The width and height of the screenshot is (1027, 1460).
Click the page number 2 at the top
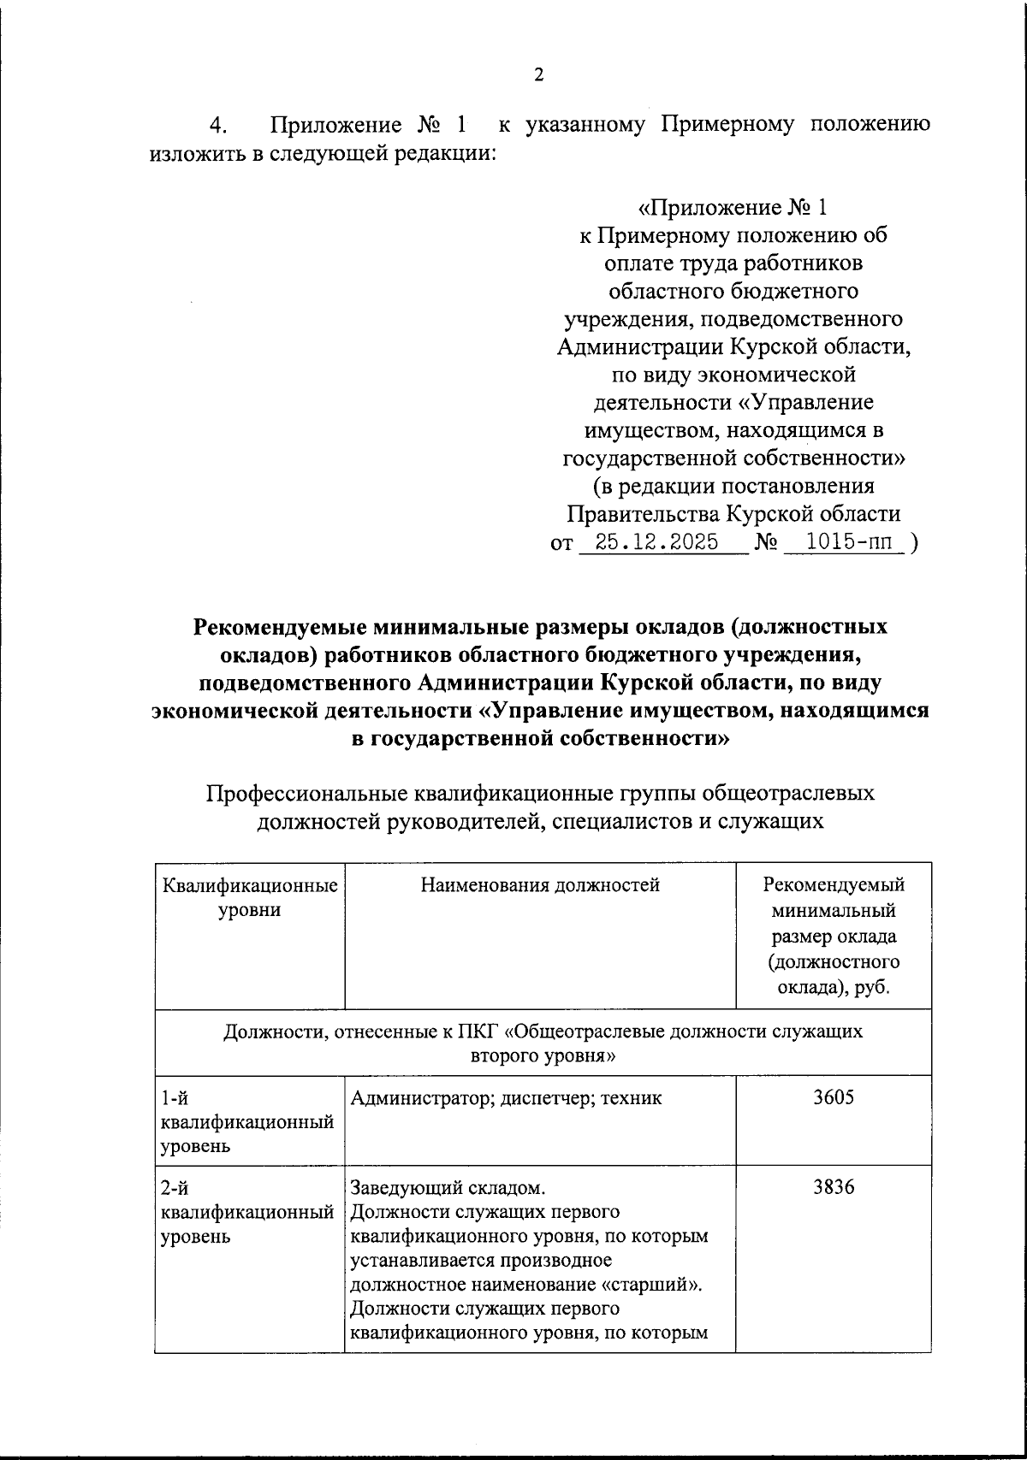(538, 75)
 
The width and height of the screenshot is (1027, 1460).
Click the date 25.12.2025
(656, 542)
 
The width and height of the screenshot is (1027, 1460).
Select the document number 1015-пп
(843, 542)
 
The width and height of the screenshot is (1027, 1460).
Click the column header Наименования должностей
(540, 885)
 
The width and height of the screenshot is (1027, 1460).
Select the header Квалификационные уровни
(249, 897)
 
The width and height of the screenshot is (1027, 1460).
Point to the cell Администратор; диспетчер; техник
(505, 1097)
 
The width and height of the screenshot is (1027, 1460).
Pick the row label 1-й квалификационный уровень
(246, 1121)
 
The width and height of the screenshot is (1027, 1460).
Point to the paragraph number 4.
(218, 127)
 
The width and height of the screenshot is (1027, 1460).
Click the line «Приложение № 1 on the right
(733, 208)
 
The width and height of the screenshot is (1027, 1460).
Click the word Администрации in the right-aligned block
(640, 347)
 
